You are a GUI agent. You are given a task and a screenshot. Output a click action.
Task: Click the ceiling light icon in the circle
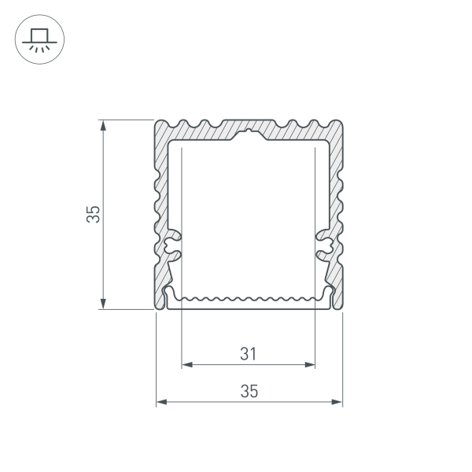(x=39, y=39)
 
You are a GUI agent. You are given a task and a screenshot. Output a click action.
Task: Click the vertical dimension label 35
(x=93, y=214)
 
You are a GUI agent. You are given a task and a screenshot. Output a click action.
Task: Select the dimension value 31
(x=249, y=354)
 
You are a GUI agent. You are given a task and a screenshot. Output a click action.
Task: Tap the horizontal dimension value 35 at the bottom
(x=249, y=391)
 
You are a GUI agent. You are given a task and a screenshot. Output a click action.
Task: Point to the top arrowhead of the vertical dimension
(x=103, y=125)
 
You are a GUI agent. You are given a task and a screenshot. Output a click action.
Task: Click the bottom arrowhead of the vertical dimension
(x=103, y=304)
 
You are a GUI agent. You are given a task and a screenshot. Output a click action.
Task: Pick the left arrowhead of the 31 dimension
(x=187, y=365)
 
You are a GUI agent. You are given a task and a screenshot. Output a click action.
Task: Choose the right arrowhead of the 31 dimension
(x=310, y=365)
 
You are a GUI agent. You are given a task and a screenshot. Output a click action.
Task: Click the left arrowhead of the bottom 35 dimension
(x=161, y=402)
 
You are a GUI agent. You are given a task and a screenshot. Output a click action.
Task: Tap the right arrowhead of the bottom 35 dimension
(x=337, y=402)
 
